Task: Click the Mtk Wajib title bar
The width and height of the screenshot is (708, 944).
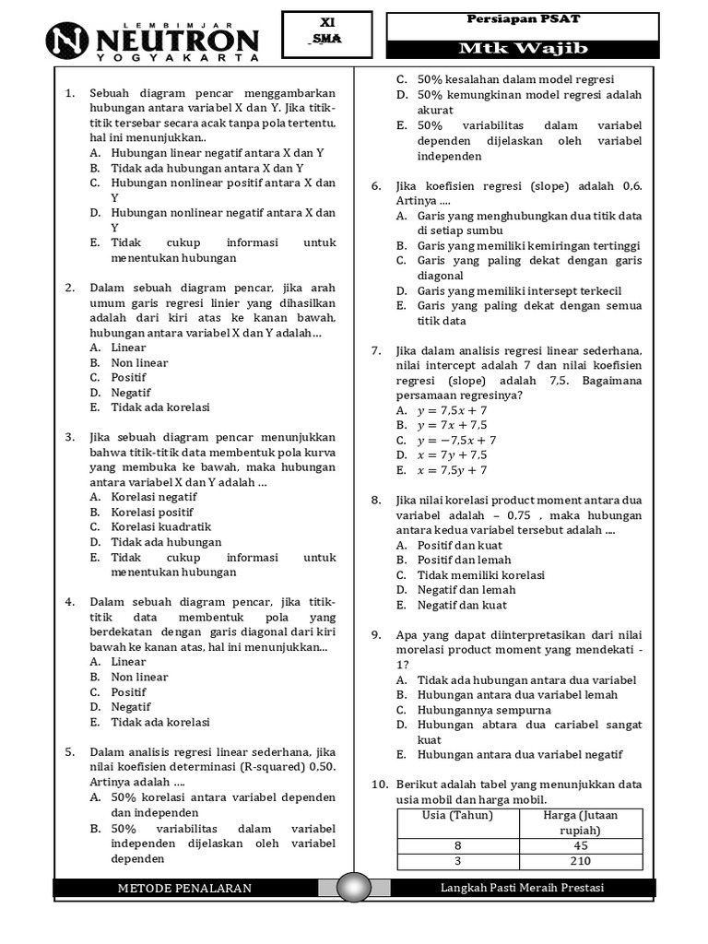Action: pyautogui.click(x=522, y=49)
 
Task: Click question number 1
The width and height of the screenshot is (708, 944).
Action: pyautogui.click(x=70, y=94)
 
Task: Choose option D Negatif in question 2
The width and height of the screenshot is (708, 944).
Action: pyautogui.click(x=130, y=392)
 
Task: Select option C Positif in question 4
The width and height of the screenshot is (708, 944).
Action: pyautogui.click(x=128, y=691)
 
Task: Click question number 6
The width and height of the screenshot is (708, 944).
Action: pyautogui.click(x=376, y=185)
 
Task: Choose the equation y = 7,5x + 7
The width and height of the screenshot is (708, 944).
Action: pyautogui.click(x=452, y=410)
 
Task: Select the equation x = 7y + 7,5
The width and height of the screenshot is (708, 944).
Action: pyautogui.click(x=452, y=454)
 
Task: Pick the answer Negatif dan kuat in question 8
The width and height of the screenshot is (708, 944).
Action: pyautogui.click(x=461, y=605)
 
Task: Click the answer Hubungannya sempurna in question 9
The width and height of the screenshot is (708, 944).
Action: pyautogui.click(x=471, y=710)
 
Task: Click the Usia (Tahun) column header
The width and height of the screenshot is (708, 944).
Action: pyautogui.click(x=457, y=815)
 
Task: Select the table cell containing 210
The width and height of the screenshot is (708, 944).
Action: pyautogui.click(x=580, y=861)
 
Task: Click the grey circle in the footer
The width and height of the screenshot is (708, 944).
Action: pyautogui.click(x=354, y=888)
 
